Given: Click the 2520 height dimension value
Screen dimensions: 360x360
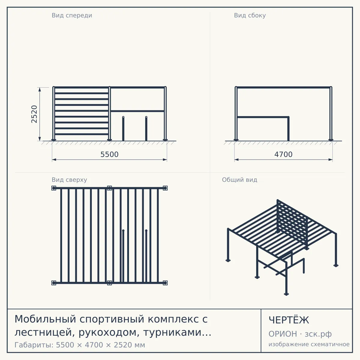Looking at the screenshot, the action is [34, 114].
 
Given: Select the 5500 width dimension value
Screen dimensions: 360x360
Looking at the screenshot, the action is [109, 154].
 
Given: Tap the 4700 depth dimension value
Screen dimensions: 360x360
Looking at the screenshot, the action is [283, 154].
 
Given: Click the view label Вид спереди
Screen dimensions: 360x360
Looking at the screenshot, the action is [72, 15].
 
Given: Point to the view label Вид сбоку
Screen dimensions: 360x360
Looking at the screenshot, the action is [250, 15].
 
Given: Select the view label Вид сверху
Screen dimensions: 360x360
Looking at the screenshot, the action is [69, 180].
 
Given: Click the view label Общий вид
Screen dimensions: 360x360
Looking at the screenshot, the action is [239, 180].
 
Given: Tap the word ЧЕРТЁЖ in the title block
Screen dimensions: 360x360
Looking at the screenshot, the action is [289, 320].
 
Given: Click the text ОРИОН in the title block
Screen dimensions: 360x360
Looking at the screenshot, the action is [283, 334].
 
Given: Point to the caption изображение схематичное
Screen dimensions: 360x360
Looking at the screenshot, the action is [309, 344].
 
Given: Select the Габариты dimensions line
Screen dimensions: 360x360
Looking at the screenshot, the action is [80, 345].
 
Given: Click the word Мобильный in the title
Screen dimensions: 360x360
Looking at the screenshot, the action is [45, 319].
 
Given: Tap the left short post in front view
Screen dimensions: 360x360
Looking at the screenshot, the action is [123, 128].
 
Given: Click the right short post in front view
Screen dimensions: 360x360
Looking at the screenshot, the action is [146, 128].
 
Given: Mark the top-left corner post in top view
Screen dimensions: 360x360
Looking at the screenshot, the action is [54, 188].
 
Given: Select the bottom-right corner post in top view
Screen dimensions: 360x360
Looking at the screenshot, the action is [165, 283].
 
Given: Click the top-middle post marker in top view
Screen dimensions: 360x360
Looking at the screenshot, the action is [109, 188].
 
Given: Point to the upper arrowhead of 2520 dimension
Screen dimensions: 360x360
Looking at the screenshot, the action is [40, 89].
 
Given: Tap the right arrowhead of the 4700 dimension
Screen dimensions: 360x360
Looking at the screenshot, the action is [331, 160].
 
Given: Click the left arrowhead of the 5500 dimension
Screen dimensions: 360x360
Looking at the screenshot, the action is [54, 160].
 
